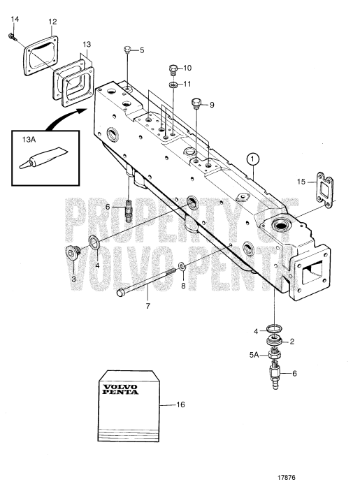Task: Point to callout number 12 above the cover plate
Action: [x=53, y=22]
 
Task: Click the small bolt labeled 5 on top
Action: [x=127, y=49]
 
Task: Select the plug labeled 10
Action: [x=172, y=68]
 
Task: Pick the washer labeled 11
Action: [x=172, y=84]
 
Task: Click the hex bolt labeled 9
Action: [x=196, y=104]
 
